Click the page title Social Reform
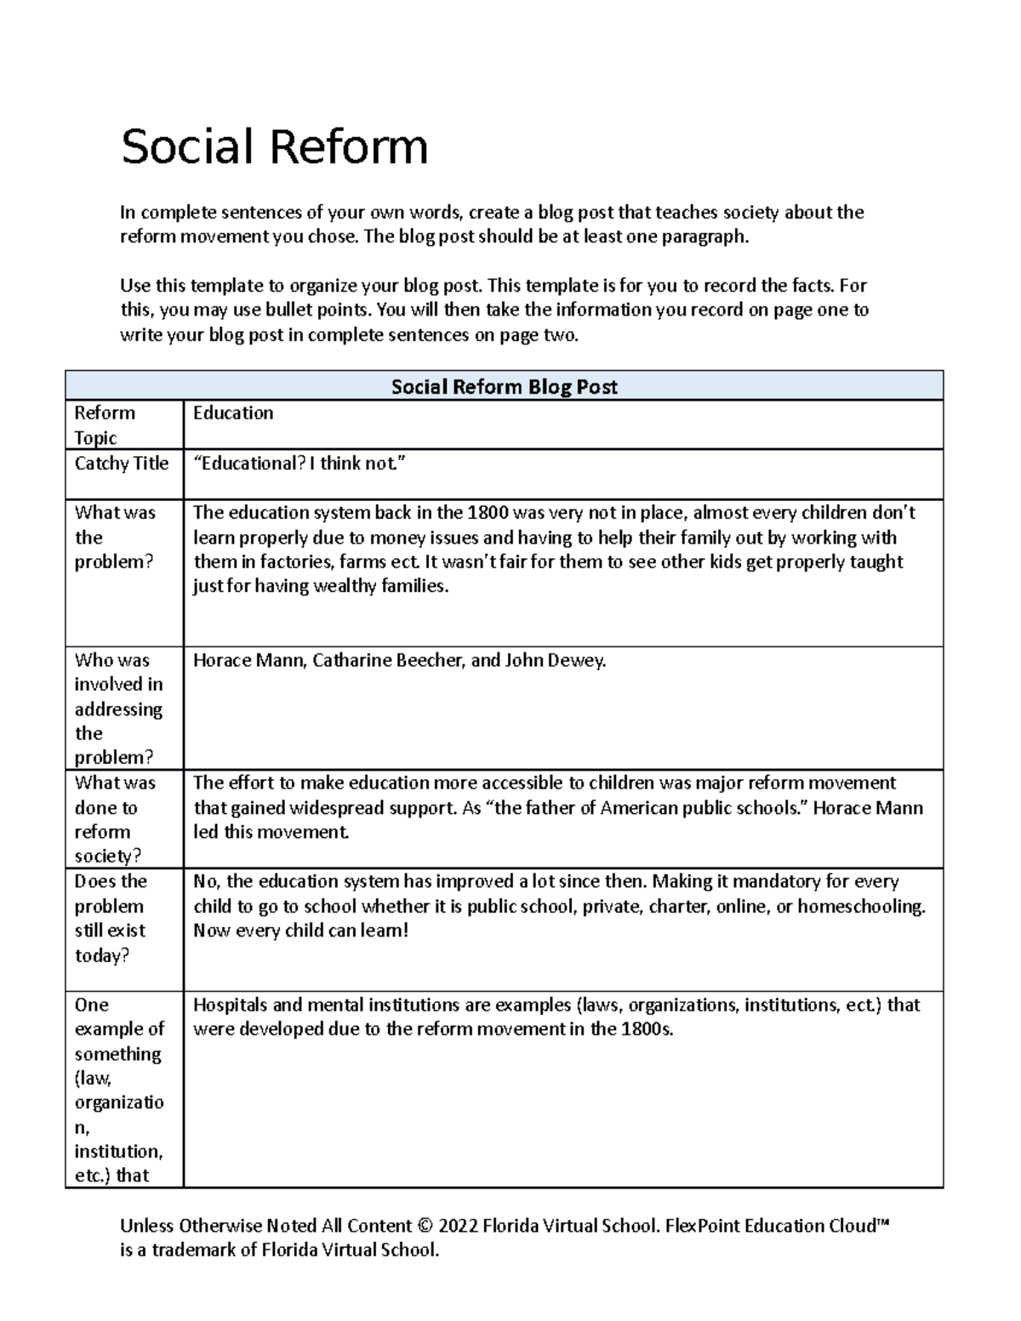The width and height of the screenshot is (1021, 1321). coord(274,146)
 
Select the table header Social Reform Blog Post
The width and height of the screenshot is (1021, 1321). coord(504,387)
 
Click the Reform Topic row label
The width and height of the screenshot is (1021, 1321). coord(105,424)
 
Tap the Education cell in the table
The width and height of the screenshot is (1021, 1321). coord(233,413)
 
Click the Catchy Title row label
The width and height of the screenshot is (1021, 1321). coord(122,464)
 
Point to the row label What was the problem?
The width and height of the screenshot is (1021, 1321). coord(115,537)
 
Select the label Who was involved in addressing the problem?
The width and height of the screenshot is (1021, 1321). coord(118,709)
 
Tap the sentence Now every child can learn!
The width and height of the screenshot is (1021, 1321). coord(301,931)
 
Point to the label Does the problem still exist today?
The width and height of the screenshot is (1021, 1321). coord(111,918)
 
